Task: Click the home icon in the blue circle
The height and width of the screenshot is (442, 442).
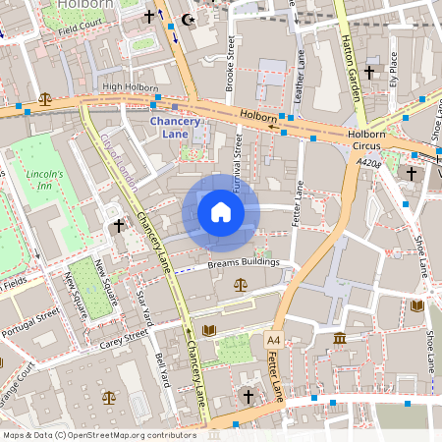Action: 221,212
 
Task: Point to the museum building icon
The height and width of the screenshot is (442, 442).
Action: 340,339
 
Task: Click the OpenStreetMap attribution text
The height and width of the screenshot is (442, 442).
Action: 99,434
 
